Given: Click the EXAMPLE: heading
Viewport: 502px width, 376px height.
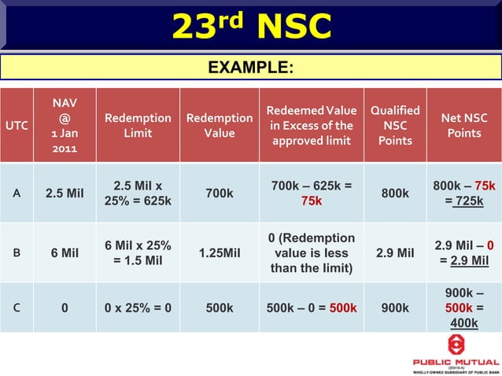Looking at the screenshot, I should tap(251, 68).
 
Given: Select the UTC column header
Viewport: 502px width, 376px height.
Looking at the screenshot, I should tap(17, 126).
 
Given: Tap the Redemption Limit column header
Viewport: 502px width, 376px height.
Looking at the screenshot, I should tap(138, 126).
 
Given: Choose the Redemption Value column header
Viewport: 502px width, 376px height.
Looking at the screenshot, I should tap(220, 126).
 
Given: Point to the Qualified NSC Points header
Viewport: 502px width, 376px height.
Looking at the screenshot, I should tap(395, 126).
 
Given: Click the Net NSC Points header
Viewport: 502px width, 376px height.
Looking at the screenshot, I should tap(464, 126).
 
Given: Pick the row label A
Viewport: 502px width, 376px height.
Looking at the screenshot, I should tap(17, 194).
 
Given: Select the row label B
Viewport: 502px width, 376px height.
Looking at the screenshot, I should tap(17, 253).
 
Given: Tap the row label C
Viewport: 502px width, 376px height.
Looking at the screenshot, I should tap(17, 308).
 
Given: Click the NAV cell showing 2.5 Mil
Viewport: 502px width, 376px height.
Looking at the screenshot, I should tap(65, 194).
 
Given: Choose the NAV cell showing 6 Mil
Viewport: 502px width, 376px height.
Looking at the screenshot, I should tap(65, 253).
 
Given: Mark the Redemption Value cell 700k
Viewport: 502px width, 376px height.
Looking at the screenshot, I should tap(220, 194).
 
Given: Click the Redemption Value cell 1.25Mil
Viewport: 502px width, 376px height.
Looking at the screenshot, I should tap(220, 253).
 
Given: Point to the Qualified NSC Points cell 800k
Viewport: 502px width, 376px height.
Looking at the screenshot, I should tap(395, 194).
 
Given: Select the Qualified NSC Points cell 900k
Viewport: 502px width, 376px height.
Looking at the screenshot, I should tap(395, 308).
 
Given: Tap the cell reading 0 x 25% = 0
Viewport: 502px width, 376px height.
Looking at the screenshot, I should tap(138, 308).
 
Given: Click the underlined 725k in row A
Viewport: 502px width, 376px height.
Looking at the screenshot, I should tap(468, 202).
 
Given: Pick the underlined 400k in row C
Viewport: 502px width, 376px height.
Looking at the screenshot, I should tap(464, 323).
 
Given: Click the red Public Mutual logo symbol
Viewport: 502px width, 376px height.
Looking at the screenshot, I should tap(456, 345).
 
